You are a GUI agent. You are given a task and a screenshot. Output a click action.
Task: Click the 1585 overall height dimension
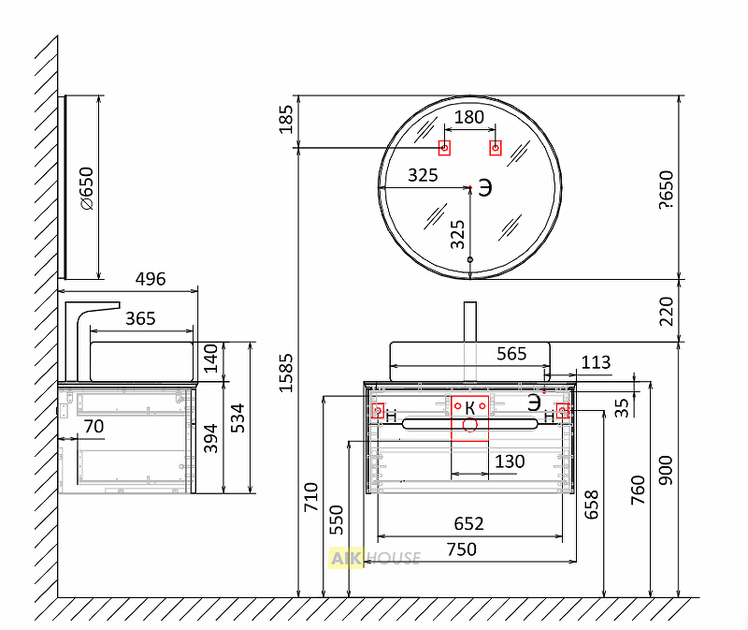coord(285,373)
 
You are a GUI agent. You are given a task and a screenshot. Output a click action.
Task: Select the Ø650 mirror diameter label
coord(87,188)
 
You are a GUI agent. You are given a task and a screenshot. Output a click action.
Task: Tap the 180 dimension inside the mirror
coord(469,117)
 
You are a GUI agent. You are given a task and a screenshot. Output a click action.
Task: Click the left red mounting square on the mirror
coord(444,148)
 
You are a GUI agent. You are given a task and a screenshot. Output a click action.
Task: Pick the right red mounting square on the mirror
coord(496,148)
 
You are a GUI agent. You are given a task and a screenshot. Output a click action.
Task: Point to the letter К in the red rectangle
coord(470,408)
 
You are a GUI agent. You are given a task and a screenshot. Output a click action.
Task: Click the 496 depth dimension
coord(151,279)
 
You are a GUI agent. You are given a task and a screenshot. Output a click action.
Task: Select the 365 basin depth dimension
coord(141,318)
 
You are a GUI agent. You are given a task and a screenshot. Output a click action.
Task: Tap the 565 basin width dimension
coord(511,354)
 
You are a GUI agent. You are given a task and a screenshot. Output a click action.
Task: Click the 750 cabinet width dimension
coord(461,549)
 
